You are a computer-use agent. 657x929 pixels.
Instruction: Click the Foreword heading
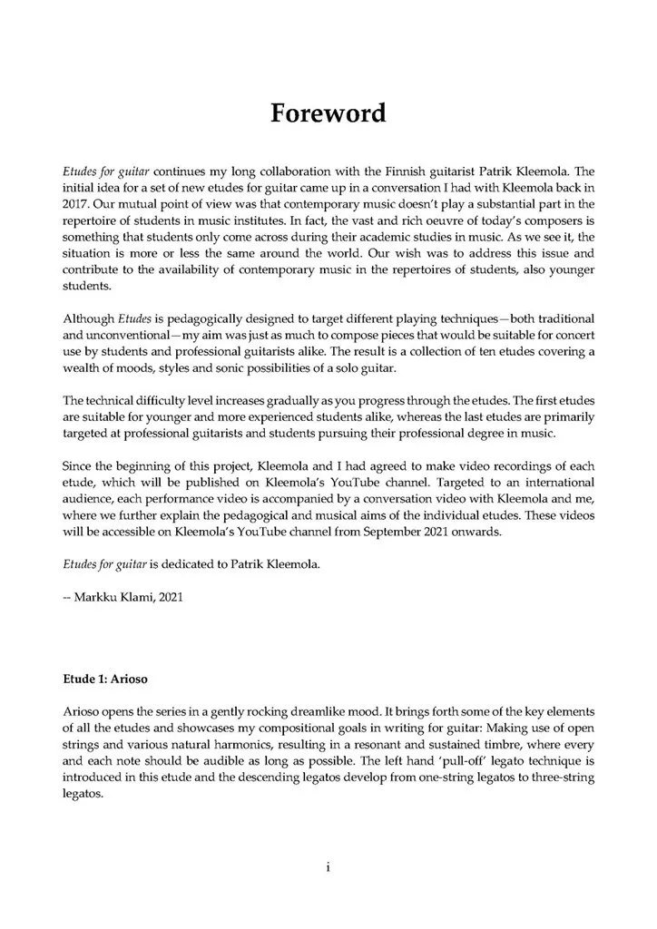(328, 113)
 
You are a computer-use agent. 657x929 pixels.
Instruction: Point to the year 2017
(79, 204)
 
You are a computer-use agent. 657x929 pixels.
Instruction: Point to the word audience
(89, 500)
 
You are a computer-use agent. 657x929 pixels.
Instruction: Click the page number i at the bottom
(328, 867)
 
